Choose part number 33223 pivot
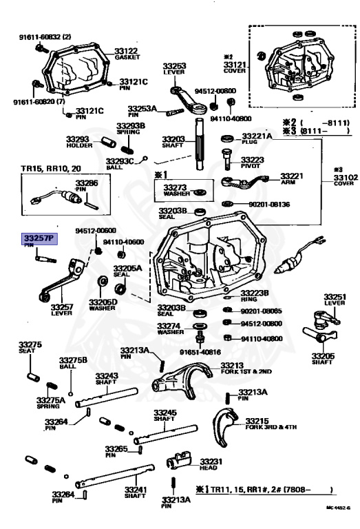pos(254,159)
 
